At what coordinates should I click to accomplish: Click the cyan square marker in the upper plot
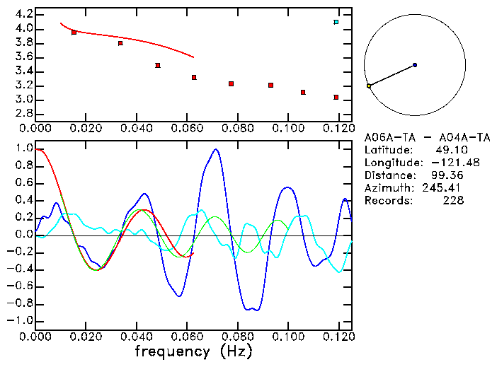(x=336, y=22)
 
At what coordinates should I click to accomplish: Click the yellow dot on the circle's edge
(x=369, y=86)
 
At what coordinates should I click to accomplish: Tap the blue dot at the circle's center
(x=415, y=65)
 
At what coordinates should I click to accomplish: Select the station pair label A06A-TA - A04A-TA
(x=427, y=138)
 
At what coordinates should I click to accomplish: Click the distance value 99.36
(x=447, y=175)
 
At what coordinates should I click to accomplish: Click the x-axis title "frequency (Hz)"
(x=193, y=351)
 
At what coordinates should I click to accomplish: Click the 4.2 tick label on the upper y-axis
(x=24, y=14)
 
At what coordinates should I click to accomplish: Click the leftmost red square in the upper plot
(x=74, y=33)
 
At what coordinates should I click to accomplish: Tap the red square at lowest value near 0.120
(x=336, y=97)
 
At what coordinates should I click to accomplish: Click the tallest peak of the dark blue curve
(x=216, y=149)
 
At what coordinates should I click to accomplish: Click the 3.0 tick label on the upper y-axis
(x=24, y=100)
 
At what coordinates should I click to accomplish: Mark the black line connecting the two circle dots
(x=392, y=76)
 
